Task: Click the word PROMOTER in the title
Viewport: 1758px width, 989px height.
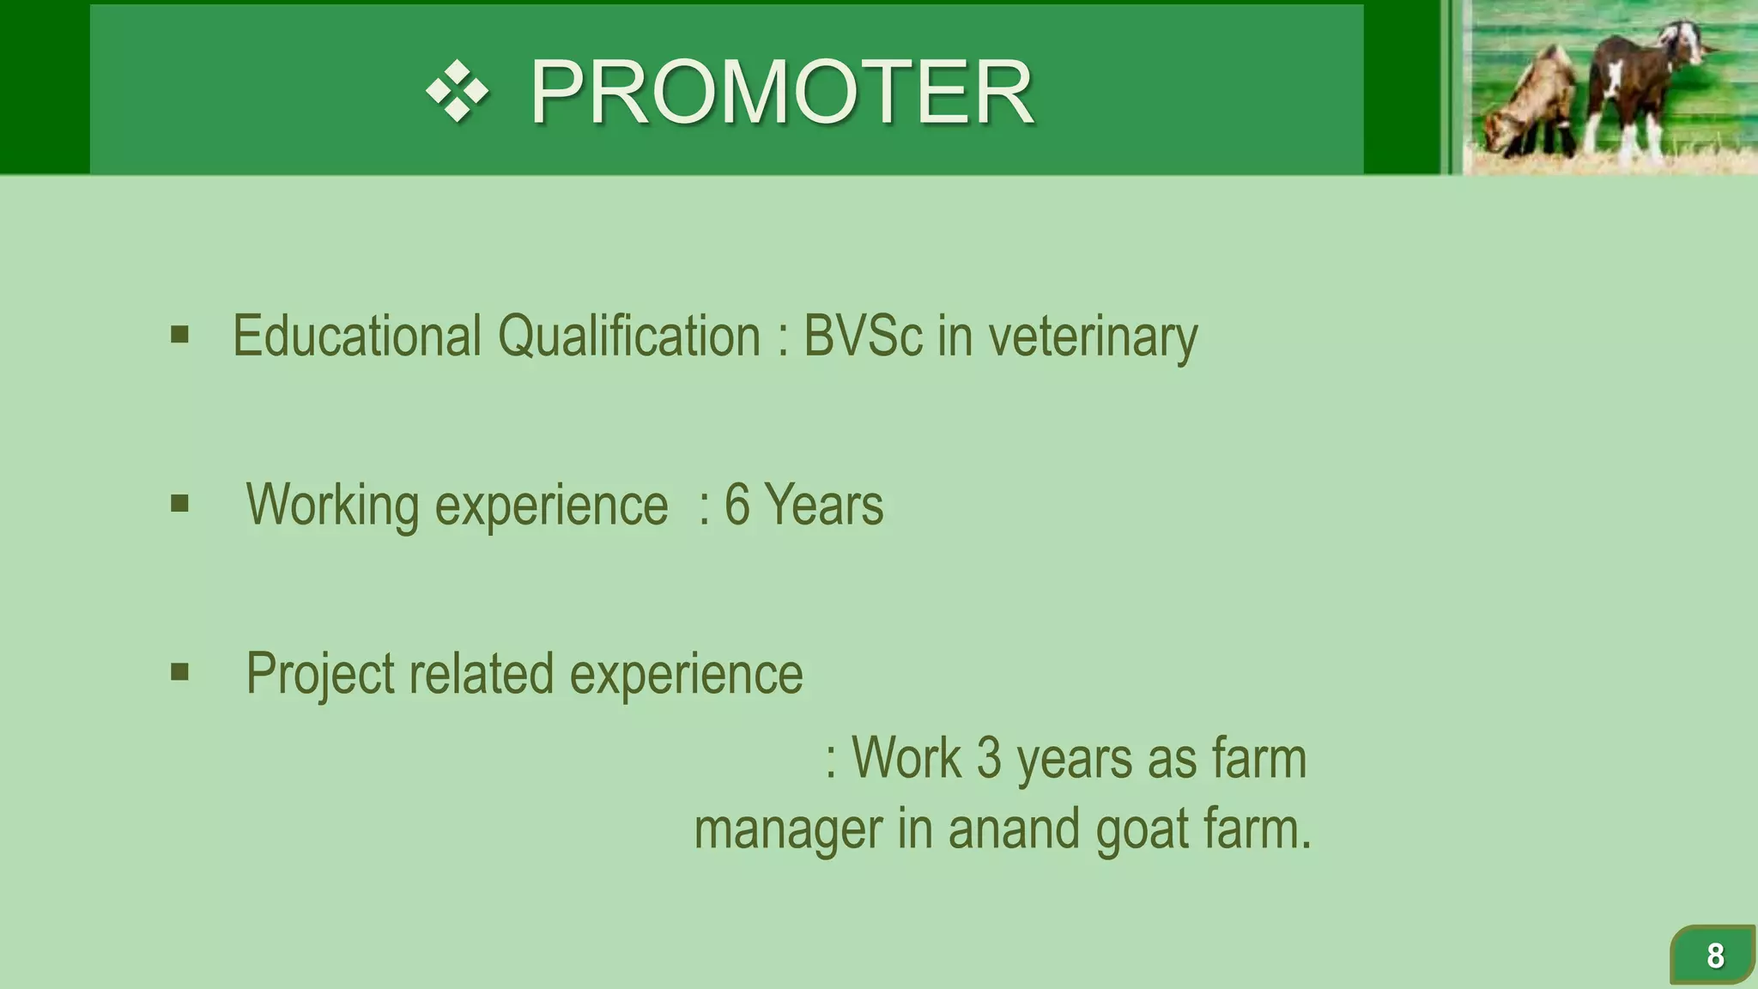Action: (781, 92)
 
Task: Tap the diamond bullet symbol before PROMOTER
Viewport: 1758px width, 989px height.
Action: (458, 91)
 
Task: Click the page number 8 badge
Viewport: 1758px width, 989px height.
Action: (1713, 955)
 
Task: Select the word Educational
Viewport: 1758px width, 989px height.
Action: (356, 336)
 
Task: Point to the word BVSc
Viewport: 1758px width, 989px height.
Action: (862, 336)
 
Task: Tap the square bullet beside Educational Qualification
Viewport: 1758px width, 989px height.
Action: (179, 334)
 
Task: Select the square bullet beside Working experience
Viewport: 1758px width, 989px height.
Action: (179, 503)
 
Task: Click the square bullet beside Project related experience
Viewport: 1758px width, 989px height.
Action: (179, 671)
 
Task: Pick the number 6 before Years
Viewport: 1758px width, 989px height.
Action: (737, 505)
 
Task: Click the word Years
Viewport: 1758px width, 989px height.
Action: (823, 505)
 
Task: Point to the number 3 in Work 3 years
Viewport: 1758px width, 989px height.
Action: (989, 758)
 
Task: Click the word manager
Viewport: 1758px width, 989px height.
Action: (788, 830)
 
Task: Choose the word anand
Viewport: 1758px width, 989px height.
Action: (1013, 829)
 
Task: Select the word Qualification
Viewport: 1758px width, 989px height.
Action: (628, 336)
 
